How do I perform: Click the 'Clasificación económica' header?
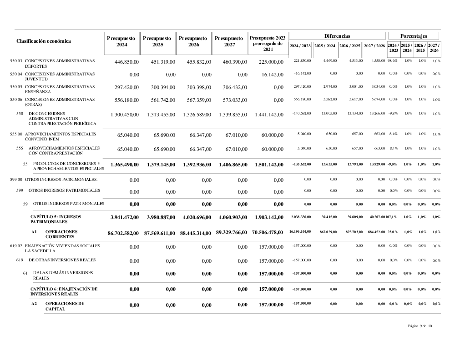[x=44, y=41]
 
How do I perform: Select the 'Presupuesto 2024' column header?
[x=121, y=42]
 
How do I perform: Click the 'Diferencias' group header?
[x=337, y=35]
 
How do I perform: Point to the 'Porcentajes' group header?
[x=414, y=35]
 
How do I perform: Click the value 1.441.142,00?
[x=266, y=115]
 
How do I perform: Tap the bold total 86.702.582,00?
[x=123, y=233]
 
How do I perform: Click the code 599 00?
[x=16, y=180]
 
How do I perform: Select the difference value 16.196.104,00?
[x=300, y=232]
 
